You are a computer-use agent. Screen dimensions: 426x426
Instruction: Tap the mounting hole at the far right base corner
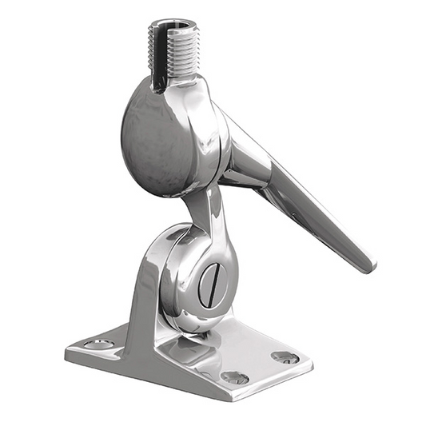285,356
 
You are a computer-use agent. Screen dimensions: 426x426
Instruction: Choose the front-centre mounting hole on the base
234,376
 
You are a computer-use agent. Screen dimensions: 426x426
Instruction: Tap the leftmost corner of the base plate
66,352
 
